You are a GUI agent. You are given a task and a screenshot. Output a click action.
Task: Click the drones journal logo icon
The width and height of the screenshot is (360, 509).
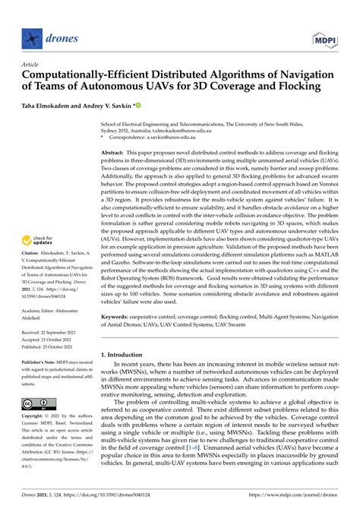pyautogui.click(x=31, y=36)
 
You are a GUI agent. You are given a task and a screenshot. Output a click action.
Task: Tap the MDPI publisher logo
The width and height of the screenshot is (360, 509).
pyautogui.click(x=328, y=36)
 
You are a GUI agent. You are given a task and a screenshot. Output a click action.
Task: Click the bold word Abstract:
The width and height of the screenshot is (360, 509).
pyautogui.click(x=115, y=153)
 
